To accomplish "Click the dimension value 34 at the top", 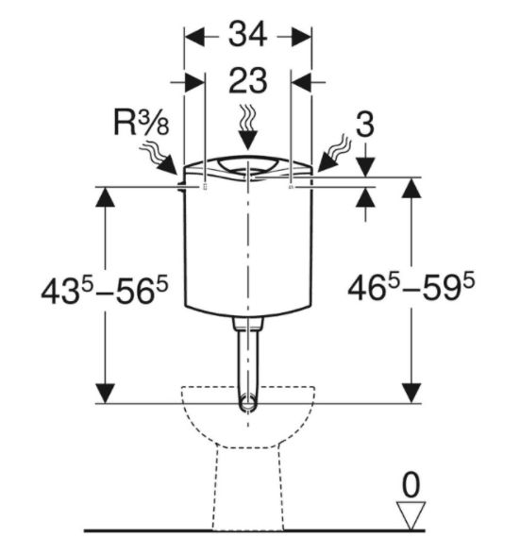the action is point(247,34).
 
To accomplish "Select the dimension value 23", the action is point(247,80).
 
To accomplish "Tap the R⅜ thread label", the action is point(141,123).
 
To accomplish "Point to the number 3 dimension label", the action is point(364,125).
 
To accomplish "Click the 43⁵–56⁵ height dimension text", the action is point(105,292).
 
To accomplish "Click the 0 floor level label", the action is point(411,484).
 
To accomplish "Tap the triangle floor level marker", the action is point(411,515).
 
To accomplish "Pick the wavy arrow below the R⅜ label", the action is point(159,159).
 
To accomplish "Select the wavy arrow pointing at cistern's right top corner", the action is point(334,153).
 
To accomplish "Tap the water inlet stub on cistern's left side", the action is point(180,187).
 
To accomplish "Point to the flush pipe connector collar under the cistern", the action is point(247,324).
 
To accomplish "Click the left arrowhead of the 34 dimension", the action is point(194,36).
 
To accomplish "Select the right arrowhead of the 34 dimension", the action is point(301,36).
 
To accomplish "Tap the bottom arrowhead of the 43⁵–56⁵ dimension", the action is point(105,394).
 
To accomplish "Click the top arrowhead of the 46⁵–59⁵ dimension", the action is point(411,188).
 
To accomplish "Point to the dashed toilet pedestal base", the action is point(247,488).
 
